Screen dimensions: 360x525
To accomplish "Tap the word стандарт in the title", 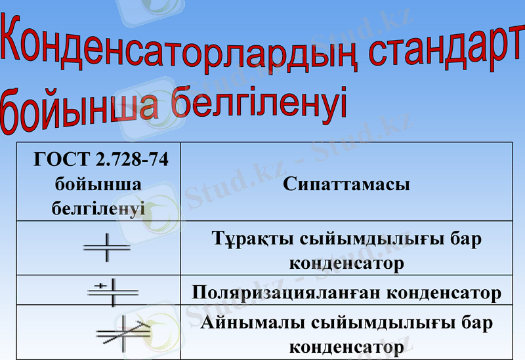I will [x=446, y=52].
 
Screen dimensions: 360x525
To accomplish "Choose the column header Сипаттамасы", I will [x=346, y=184].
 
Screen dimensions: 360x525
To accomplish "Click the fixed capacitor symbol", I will [x=106, y=247].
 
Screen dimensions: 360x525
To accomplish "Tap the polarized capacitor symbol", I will [x=112, y=290].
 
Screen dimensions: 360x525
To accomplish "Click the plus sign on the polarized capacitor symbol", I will [x=100, y=285].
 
